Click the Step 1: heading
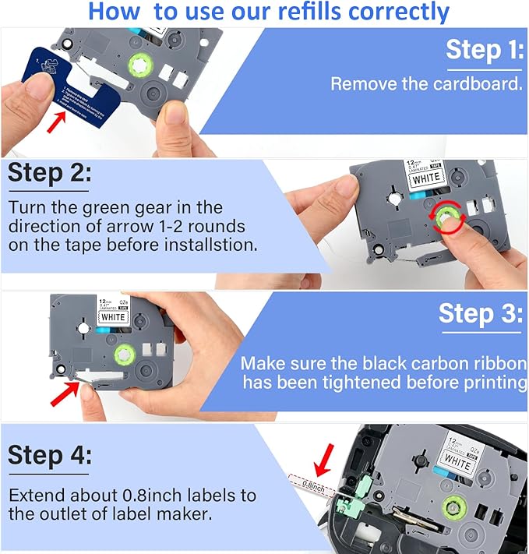pos(484,51)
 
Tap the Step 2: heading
pos(48,175)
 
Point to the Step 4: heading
pos(48,455)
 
